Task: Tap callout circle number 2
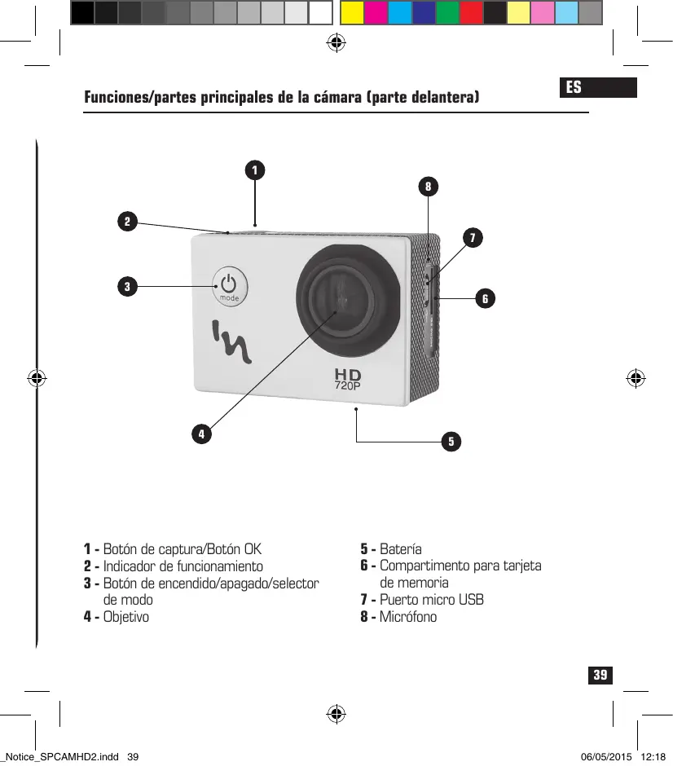click(126, 221)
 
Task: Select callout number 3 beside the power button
click(126, 286)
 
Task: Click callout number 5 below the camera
click(451, 442)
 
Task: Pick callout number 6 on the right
click(485, 299)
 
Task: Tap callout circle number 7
click(471, 238)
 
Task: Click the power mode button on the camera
click(230, 286)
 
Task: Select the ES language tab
click(574, 87)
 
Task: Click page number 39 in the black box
click(600, 676)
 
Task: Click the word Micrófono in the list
click(408, 617)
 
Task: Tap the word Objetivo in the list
click(126, 617)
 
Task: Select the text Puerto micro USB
click(432, 600)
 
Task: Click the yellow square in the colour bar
click(351, 12)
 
